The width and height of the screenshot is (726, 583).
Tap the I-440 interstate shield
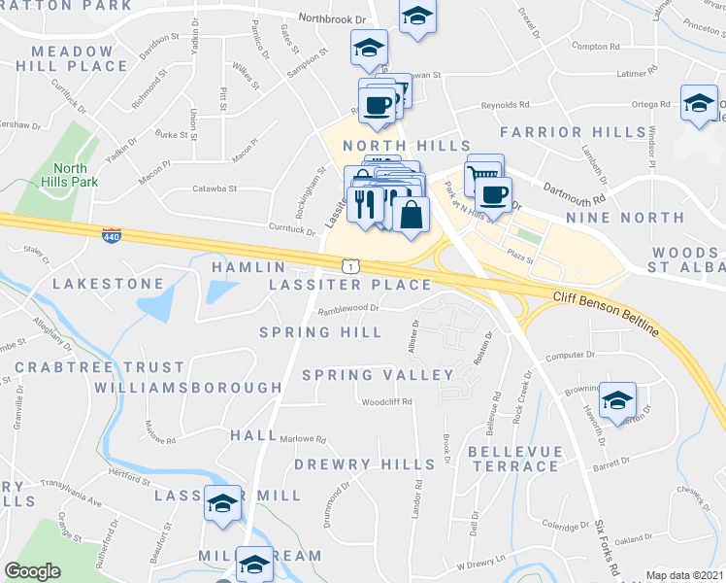tap(112, 235)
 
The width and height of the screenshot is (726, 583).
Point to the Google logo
tap(32, 571)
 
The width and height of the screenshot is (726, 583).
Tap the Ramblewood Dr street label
tap(347, 311)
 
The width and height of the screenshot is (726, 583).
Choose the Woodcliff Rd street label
tap(386, 401)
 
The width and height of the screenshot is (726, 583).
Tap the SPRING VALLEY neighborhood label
tap(378, 375)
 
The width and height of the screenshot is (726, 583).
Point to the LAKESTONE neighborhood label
tap(108, 284)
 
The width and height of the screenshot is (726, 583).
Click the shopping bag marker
tap(412, 215)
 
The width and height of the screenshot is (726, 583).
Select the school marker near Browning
tap(617, 400)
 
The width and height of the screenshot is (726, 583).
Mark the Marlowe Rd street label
tap(303, 439)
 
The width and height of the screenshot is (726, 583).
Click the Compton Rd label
tap(596, 46)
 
